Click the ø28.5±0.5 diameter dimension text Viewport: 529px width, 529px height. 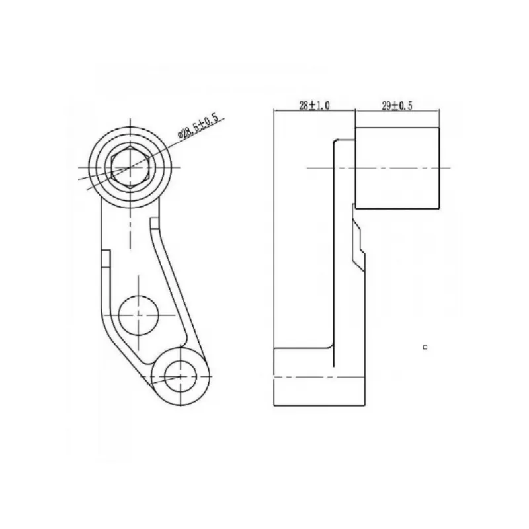(x=201, y=127)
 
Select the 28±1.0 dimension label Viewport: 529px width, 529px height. (x=314, y=106)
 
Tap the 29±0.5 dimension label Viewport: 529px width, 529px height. (x=397, y=106)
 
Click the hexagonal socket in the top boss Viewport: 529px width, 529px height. (x=130, y=167)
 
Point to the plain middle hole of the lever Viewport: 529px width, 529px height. (x=139, y=315)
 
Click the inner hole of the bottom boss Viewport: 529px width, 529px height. (x=181, y=376)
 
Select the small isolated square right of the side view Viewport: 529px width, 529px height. (x=425, y=347)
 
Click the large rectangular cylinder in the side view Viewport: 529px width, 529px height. (x=397, y=169)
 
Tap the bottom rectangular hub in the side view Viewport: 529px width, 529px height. (x=319, y=377)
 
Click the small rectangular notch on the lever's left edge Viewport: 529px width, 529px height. (x=106, y=259)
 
